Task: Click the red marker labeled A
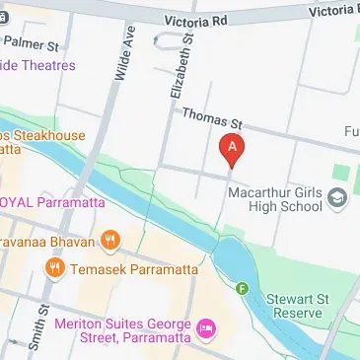pos(232,150)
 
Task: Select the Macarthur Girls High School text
pos(276,199)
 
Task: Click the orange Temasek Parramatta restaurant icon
pos(55,265)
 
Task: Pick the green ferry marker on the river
pos(242,288)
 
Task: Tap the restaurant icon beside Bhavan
pos(111,240)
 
